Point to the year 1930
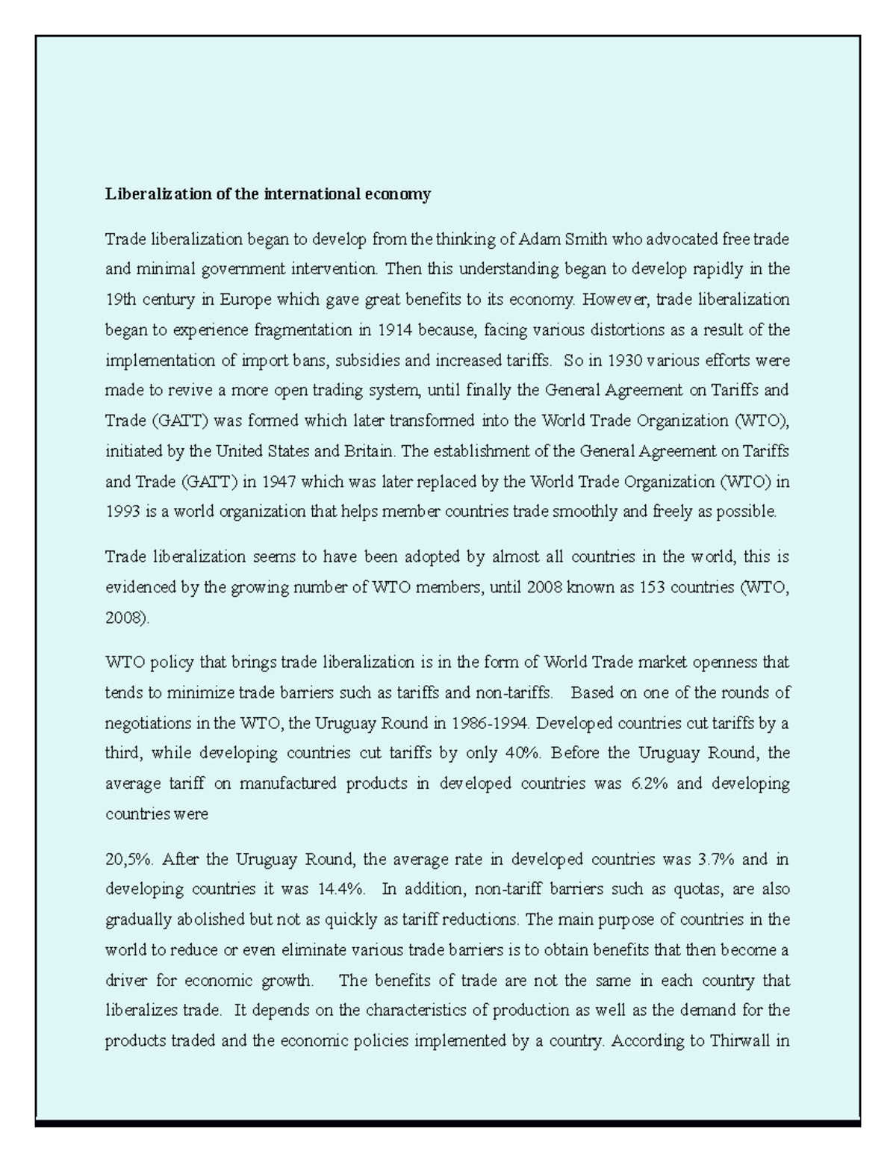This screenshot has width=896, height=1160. (x=625, y=360)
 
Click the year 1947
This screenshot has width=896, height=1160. (x=279, y=482)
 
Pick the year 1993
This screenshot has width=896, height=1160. (x=122, y=512)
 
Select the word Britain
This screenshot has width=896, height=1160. (x=370, y=451)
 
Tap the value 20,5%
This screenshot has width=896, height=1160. (x=129, y=859)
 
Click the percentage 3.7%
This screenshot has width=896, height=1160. (x=716, y=859)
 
